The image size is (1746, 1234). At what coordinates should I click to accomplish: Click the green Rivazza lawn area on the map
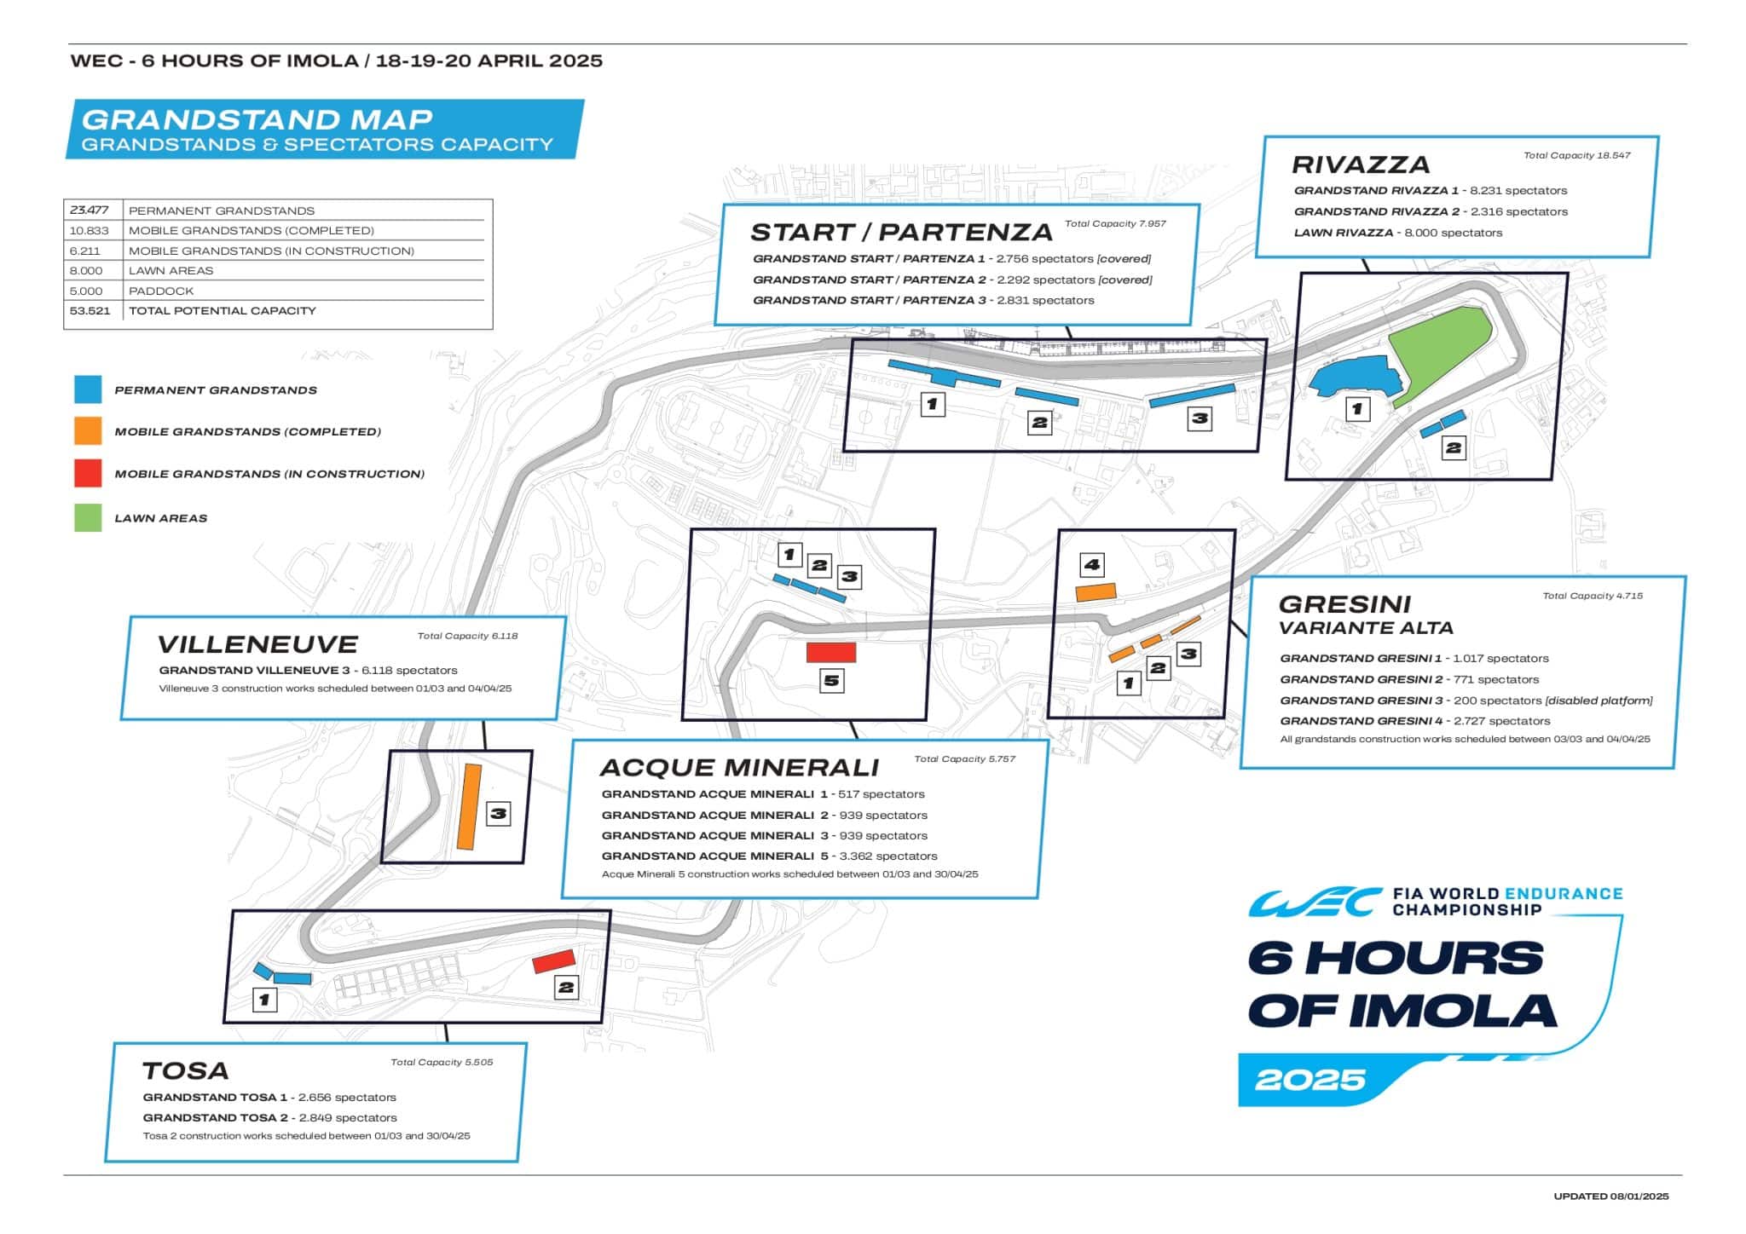pos(1441,349)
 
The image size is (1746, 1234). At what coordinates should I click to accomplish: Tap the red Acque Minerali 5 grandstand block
pos(831,653)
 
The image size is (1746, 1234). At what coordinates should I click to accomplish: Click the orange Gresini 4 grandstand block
pos(1096,592)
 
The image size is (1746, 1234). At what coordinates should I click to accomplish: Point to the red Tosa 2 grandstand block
pos(554,961)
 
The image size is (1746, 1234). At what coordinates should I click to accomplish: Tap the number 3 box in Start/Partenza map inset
pos(1200,418)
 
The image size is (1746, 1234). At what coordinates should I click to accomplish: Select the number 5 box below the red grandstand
pos(831,681)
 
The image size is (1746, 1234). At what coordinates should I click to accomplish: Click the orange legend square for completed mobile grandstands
pos(88,431)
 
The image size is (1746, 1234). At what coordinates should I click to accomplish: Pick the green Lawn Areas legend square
pos(88,517)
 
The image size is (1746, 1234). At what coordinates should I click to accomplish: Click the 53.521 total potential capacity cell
pos(90,311)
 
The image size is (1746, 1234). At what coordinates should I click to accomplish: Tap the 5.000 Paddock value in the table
pos(86,291)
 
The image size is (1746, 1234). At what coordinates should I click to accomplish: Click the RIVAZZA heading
pos(1361,164)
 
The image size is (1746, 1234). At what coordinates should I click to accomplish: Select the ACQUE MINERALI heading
pos(739,768)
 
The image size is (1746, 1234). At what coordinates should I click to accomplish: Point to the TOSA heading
pos(185,1071)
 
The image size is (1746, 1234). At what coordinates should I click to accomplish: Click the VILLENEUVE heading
pos(257,644)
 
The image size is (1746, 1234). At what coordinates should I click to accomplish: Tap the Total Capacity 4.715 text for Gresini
pos(1592,596)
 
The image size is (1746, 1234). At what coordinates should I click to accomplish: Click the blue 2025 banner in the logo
pos(1311,1080)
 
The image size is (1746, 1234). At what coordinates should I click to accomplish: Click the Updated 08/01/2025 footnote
pos(1610,1197)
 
